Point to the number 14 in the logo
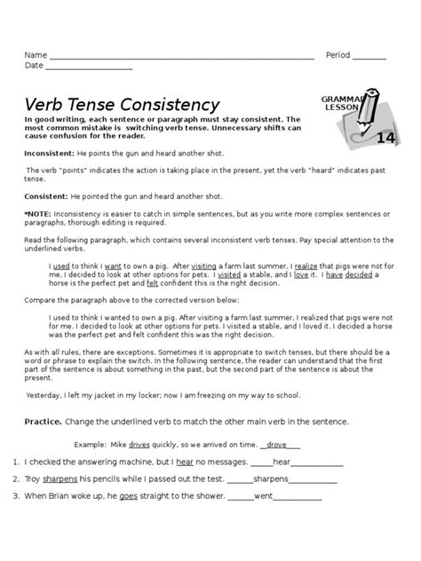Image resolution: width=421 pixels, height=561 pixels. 385,137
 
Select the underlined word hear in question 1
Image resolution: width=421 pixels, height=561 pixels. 185,462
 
